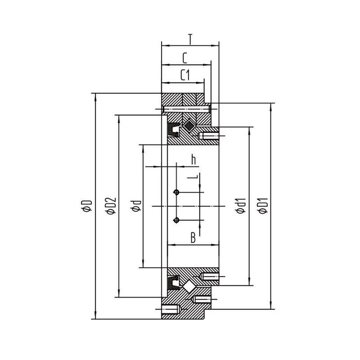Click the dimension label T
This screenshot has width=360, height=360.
tap(190, 39)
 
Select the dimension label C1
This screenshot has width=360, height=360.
tap(185, 75)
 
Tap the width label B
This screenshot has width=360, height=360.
tap(193, 238)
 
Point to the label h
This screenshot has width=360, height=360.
tap(193, 160)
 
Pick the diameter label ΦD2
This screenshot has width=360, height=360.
tap(111, 206)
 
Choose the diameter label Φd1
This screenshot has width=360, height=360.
tap(241, 206)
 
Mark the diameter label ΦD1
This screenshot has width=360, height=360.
tap(263, 206)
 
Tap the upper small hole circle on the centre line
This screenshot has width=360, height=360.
tap(176, 192)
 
